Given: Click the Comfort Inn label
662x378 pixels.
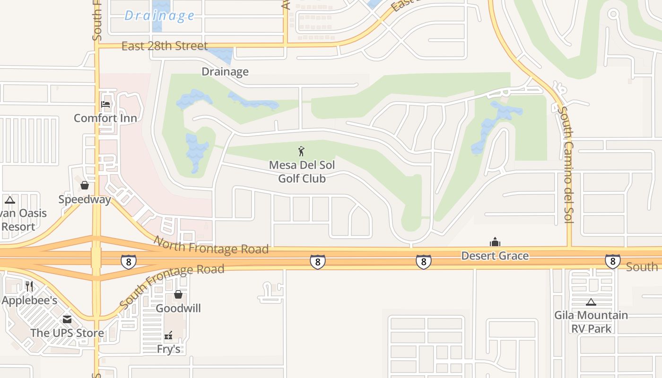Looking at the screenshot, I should [x=105, y=118].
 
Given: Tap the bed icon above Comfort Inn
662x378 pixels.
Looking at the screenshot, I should [x=105, y=104].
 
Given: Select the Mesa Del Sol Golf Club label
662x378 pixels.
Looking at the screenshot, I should [x=302, y=172].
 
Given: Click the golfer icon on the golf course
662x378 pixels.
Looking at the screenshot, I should [x=301, y=151].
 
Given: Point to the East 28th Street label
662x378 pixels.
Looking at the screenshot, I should [x=165, y=46].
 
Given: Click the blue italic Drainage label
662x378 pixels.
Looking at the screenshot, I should [x=159, y=16].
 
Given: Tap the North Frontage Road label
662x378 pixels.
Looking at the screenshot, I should [x=211, y=245].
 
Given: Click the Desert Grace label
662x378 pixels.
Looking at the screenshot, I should [x=495, y=256].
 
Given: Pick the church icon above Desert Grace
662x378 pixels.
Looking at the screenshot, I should [x=495, y=242].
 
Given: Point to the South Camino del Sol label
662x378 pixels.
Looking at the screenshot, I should [x=566, y=164].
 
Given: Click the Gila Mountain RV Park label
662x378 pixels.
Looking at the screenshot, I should [x=591, y=322].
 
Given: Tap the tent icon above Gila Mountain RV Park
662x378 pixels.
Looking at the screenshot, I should [x=591, y=302].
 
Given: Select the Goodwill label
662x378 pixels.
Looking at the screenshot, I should [x=178, y=309].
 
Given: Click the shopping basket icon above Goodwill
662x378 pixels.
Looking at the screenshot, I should [x=178, y=294].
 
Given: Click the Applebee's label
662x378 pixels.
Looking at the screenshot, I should [x=29, y=301].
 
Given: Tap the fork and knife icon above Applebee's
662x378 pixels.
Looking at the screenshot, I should [x=29, y=286].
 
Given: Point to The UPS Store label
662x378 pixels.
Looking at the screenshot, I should [x=67, y=333].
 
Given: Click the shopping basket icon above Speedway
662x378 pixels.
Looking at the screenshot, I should [x=85, y=185].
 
